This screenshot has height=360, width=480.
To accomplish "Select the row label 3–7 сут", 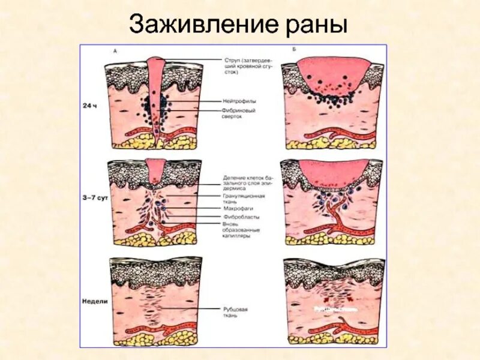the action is [94, 197].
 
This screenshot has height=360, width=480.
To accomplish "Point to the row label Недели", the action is [95, 302].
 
